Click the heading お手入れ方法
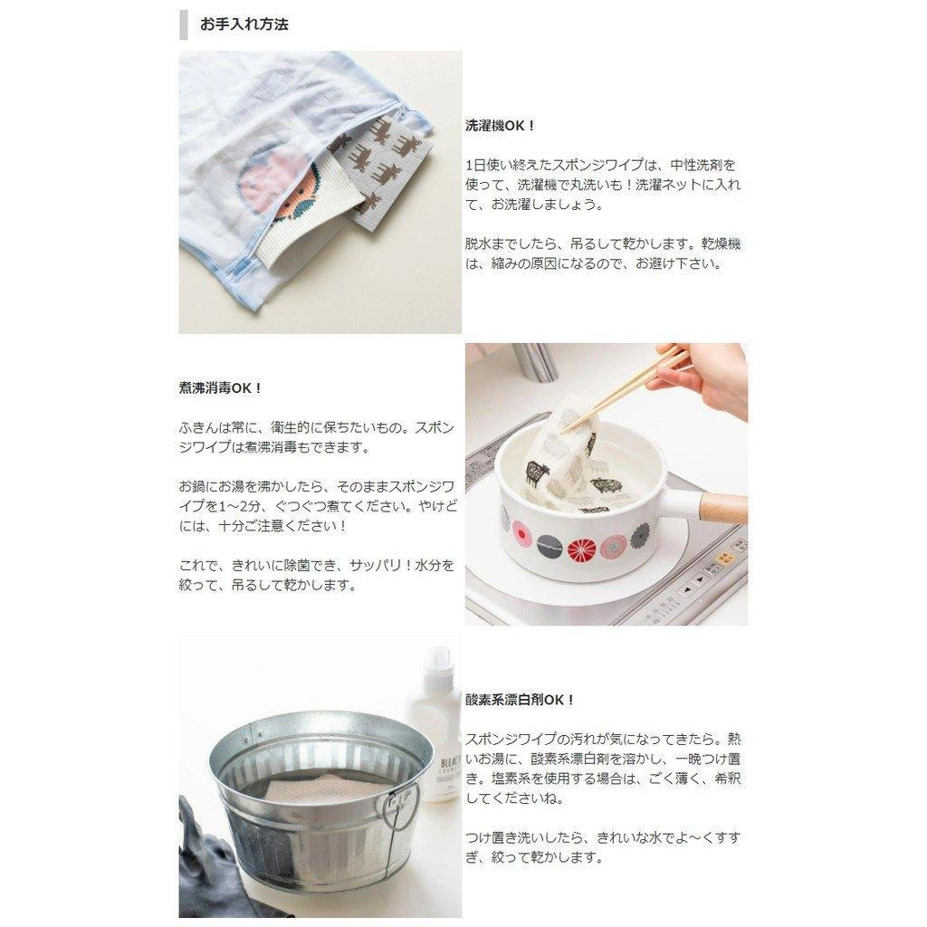[244, 24]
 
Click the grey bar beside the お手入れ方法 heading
[184, 24]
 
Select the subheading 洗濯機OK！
[501, 126]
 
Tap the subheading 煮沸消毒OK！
[221, 387]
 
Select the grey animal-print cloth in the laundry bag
[376, 177]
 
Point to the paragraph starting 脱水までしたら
[602, 254]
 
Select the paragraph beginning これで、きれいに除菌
[317, 575]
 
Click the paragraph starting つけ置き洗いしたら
[602, 847]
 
